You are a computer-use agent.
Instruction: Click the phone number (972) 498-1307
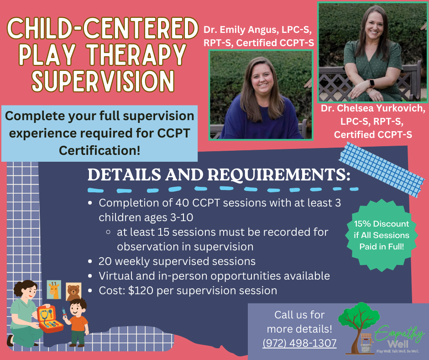299,343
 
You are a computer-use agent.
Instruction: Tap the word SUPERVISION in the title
103,80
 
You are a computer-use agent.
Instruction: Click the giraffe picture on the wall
54,290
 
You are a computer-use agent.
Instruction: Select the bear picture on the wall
73,291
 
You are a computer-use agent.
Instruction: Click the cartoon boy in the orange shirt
77,323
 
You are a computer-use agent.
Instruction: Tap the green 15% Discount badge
382,235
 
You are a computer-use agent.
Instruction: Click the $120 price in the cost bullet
141,291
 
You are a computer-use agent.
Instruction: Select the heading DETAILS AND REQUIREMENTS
219,175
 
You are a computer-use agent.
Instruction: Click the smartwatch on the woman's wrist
372,83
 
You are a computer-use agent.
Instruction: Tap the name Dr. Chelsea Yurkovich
373,108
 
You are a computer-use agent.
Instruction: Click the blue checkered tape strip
382,169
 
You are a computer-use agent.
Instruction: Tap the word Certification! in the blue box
99,150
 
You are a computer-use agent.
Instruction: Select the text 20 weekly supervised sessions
177,261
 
